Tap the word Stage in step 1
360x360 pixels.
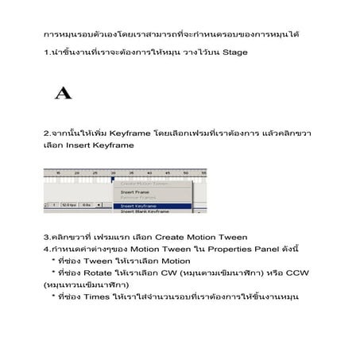[x=234, y=52]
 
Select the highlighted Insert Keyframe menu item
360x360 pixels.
[x=139, y=206]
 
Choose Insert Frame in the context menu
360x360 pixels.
[x=136, y=192]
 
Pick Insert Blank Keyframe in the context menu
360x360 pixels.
[x=144, y=211]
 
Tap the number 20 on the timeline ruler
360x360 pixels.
[x=76, y=172]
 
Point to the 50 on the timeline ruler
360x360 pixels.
[x=186, y=172]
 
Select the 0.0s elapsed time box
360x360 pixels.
[x=85, y=205]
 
